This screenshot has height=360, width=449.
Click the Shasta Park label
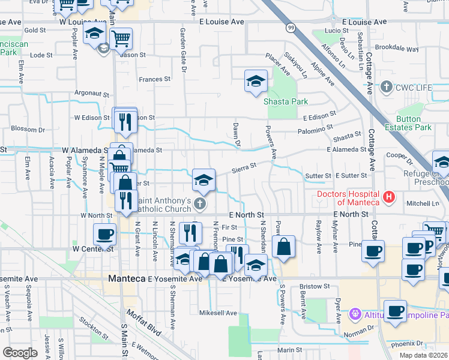(286, 101)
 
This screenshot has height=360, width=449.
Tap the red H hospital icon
(390, 196)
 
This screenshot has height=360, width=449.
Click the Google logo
(20, 353)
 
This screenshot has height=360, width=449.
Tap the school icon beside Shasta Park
(256, 81)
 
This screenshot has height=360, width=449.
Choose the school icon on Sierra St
(203, 180)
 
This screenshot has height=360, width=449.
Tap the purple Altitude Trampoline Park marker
(355, 314)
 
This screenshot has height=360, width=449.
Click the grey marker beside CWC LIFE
(386, 88)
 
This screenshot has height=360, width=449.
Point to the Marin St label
(289, 350)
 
